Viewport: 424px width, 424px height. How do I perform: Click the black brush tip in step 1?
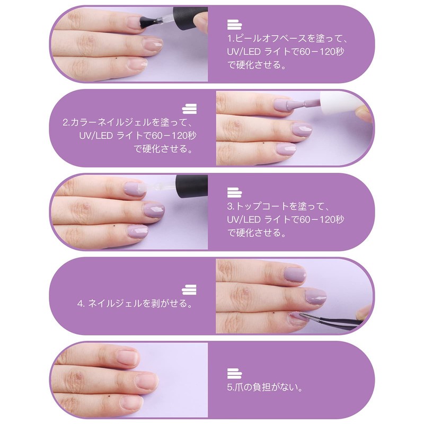pyautogui.click(x=148, y=22)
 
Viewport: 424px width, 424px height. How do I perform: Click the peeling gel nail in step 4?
pyautogui.click(x=298, y=317)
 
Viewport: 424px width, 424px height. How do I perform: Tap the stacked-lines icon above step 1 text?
pyautogui.click(x=234, y=24)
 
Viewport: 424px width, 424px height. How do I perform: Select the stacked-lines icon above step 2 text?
pyautogui.click(x=189, y=109)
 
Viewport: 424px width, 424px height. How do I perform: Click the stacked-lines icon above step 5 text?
pyautogui.click(x=234, y=374)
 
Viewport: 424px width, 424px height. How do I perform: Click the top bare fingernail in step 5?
pyautogui.click(x=127, y=357)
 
